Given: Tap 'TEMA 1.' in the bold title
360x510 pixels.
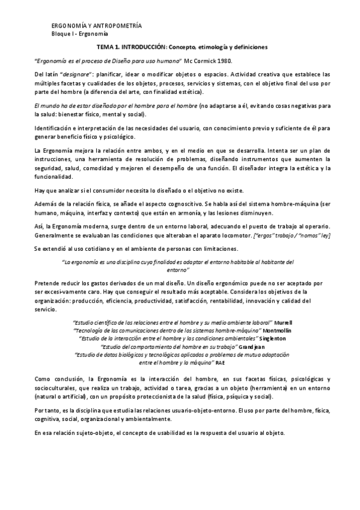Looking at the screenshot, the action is tap(111, 46).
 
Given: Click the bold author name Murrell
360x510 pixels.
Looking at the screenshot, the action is tap(282, 323).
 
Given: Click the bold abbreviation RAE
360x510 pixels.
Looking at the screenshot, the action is tap(221, 363).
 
